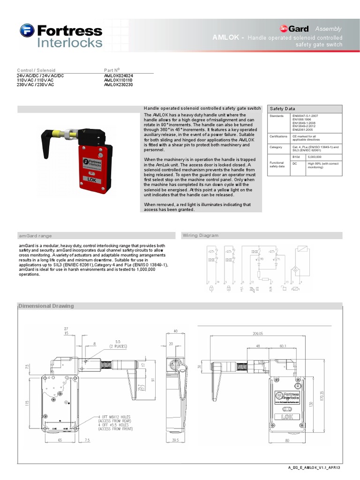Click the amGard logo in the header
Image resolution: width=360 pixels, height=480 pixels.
[294, 29]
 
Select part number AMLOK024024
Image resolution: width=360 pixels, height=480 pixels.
[119, 75]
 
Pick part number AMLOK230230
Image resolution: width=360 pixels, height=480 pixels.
[119, 85]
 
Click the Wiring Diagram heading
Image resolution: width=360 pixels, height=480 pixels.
[201, 235]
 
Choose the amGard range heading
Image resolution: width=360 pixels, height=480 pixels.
[36, 236]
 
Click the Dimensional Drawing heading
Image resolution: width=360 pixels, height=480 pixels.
[46, 306]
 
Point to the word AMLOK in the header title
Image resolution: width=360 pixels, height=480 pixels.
[228, 37]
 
